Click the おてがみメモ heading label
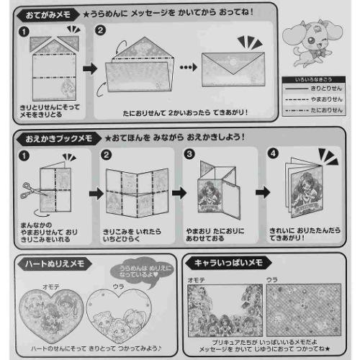(48, 13)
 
